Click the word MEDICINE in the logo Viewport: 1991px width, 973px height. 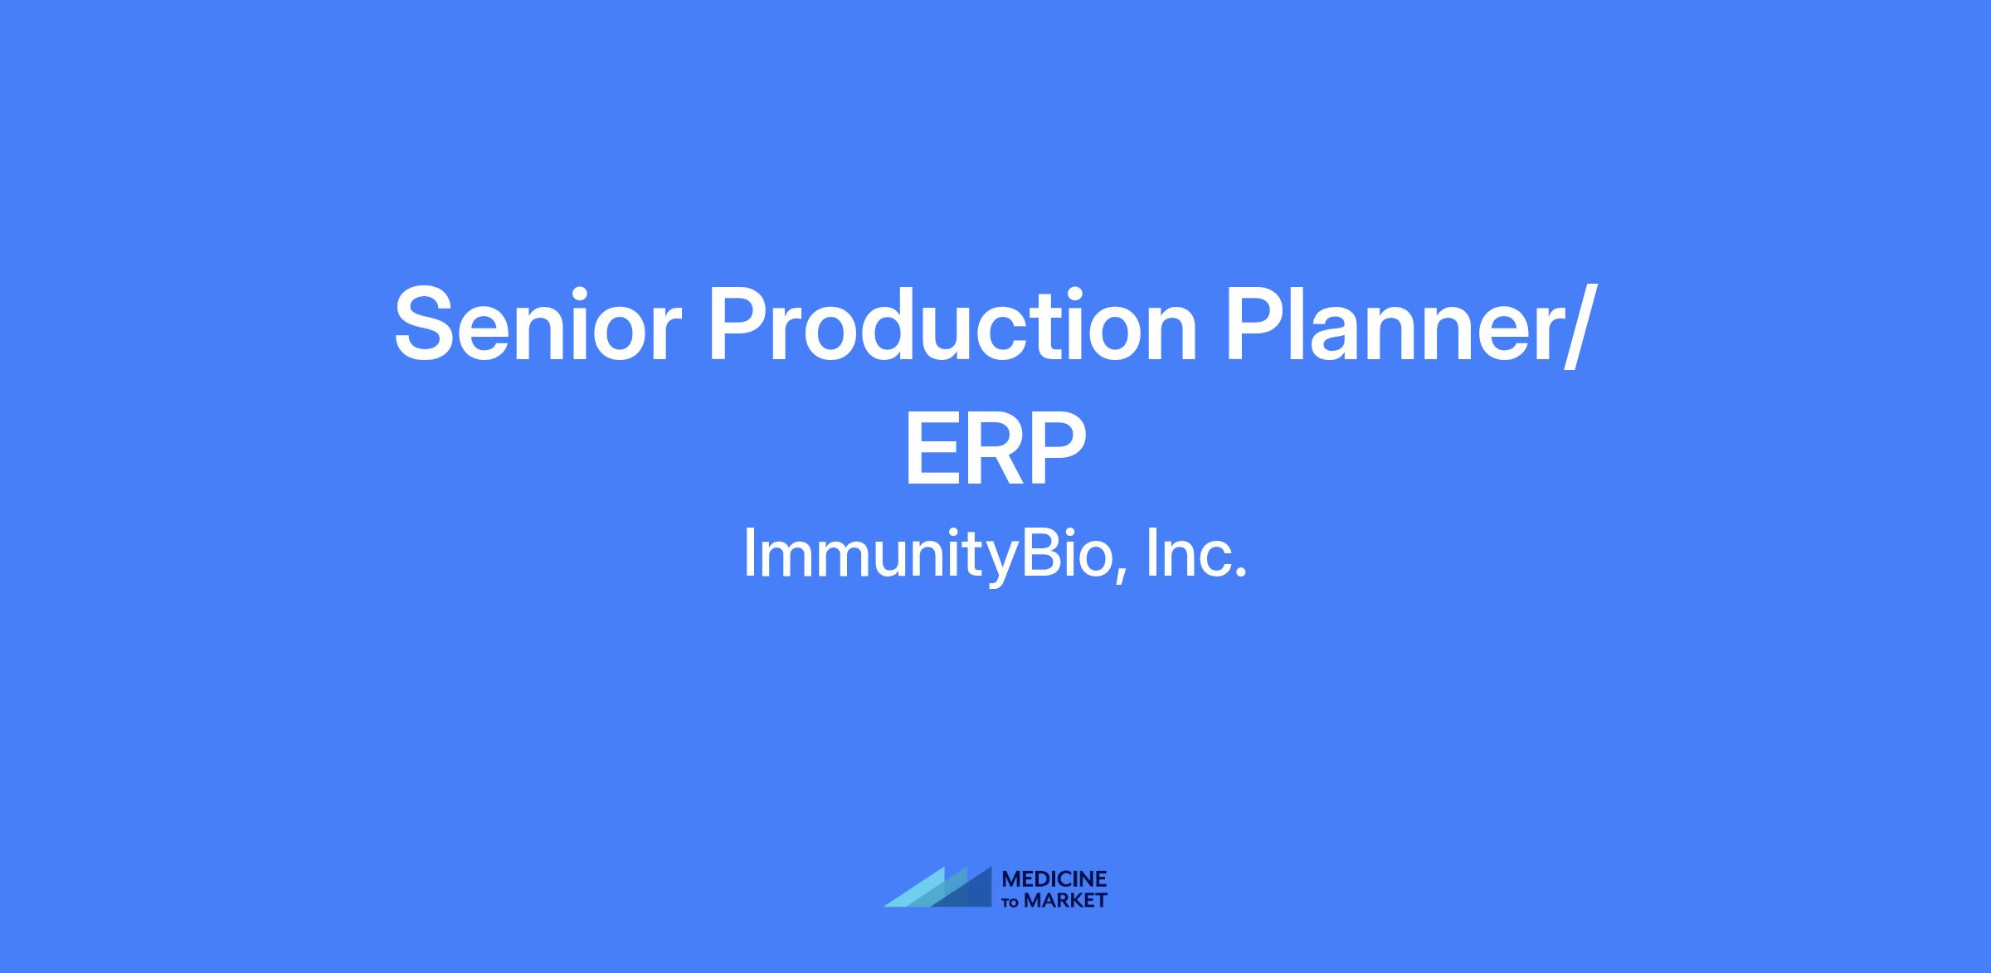pyautogui.click(x=1054, y=878)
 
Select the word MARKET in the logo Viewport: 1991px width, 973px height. pyautogui.click(x=1065, y=900)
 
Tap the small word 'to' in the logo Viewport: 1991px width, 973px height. pyautogui.click(x=1011, y=902)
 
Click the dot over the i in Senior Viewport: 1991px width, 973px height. pyautogui.click(x=585, y=290)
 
